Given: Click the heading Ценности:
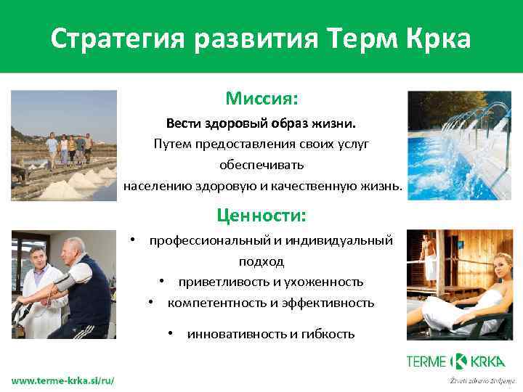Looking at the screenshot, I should [261, 216].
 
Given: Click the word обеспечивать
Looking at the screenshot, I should [261, 165].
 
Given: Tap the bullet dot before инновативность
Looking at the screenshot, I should [168, 333].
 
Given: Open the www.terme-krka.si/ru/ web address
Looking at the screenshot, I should [62, 381].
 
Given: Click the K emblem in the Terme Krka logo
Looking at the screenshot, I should [458, 361].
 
